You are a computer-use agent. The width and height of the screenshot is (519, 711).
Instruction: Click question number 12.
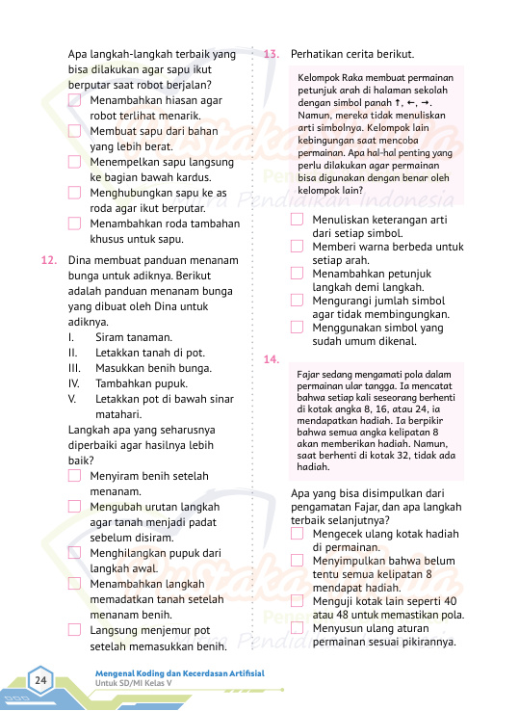49,260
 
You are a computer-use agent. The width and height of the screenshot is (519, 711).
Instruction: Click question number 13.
271,54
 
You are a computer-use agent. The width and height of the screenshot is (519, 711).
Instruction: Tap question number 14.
271,359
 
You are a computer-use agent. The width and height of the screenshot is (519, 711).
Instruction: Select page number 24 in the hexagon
41,682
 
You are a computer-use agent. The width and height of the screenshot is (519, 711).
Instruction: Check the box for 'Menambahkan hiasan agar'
75,100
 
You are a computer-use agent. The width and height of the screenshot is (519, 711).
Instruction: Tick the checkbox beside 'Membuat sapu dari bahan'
75,131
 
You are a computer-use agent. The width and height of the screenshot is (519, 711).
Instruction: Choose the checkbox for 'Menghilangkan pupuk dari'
75,553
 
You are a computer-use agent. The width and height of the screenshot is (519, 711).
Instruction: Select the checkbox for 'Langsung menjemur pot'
75,630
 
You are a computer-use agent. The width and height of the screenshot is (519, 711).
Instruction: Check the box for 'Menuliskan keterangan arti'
297,219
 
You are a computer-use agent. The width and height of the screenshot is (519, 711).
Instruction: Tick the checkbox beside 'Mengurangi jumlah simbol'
297,301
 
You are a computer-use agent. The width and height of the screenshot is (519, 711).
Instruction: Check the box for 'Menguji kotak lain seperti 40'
297,600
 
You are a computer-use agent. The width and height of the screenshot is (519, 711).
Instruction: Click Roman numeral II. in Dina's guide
72,352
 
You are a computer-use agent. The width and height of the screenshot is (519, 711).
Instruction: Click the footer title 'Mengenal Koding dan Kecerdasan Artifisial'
179,672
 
